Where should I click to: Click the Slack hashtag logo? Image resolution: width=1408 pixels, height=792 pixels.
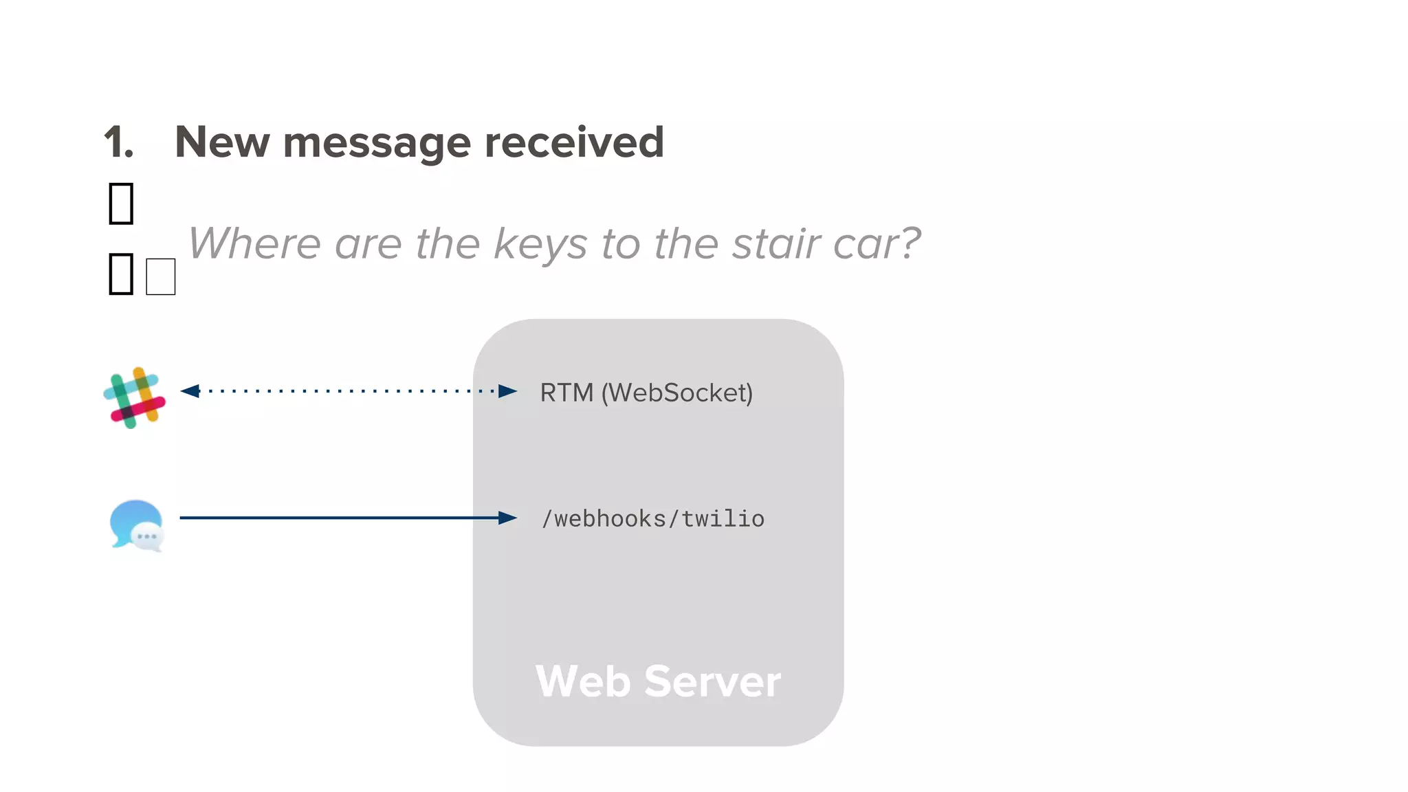(135, 397)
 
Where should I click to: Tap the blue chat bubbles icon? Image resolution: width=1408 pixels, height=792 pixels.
(137, 525)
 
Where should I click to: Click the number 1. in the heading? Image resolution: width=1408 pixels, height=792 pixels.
(118, 142)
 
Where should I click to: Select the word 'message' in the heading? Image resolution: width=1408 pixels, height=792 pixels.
(377, 142)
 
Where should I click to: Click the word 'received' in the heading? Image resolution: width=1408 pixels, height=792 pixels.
(574, 142)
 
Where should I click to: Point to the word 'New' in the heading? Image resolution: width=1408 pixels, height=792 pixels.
(221, 142)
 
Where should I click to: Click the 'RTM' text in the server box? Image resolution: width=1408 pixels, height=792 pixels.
(566, 393)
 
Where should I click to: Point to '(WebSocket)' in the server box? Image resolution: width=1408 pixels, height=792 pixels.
(677, 393)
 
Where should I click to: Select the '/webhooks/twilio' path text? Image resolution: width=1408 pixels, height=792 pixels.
(652, 518)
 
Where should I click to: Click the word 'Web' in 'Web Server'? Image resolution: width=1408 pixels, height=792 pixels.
(583, 681)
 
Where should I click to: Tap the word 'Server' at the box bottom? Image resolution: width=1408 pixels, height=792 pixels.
(712, 681)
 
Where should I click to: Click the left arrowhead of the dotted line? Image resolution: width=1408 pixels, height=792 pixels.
(190, 391)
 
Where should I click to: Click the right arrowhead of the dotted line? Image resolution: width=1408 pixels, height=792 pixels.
(507, 391)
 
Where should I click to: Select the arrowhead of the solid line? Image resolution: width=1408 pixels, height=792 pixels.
(507, 518)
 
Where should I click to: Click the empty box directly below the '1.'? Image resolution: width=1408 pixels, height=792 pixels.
(121, 203)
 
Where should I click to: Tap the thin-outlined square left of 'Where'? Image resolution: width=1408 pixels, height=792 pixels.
(161, 276)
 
